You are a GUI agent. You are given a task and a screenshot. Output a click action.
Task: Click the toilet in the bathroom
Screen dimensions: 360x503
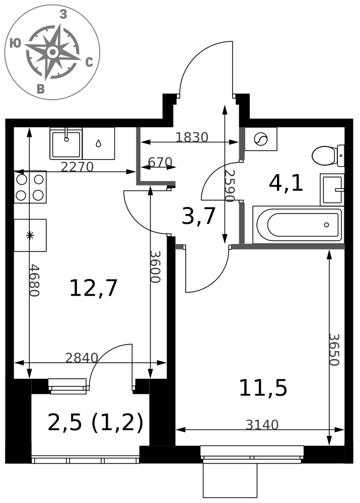click(328, 156)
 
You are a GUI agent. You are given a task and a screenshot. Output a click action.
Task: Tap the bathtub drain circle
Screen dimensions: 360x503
click(327, 225)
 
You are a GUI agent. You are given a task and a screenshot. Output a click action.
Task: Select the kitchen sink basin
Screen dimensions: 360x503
click(66, 143)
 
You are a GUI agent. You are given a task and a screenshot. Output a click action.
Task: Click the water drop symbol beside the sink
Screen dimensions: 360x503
click(98, 143)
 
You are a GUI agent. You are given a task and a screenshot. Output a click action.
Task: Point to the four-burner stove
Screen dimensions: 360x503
click(30, 187)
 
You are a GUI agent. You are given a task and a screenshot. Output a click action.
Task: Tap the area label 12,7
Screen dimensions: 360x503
click(94, 288)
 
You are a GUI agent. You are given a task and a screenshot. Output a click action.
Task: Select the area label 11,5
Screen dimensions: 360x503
click(263, 387)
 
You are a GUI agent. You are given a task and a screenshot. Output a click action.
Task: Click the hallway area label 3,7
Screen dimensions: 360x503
click(198, 216)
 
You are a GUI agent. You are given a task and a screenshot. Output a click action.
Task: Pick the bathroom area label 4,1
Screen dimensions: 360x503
click(286, 184)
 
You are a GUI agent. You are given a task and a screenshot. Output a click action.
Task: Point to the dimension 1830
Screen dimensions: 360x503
click(192, 137)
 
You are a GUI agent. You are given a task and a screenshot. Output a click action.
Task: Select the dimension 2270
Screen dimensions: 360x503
click(77, 167)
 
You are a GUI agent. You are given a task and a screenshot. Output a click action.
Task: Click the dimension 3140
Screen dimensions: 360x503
click(262, 425)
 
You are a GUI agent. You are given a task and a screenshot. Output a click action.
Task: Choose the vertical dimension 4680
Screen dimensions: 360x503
click(34, 280)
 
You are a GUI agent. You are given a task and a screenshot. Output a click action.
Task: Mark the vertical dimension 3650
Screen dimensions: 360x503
click(334, 350)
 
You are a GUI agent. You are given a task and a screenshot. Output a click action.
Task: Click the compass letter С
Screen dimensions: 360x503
click(89, 62)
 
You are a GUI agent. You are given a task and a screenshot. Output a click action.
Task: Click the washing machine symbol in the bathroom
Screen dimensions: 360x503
click(261, 139)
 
